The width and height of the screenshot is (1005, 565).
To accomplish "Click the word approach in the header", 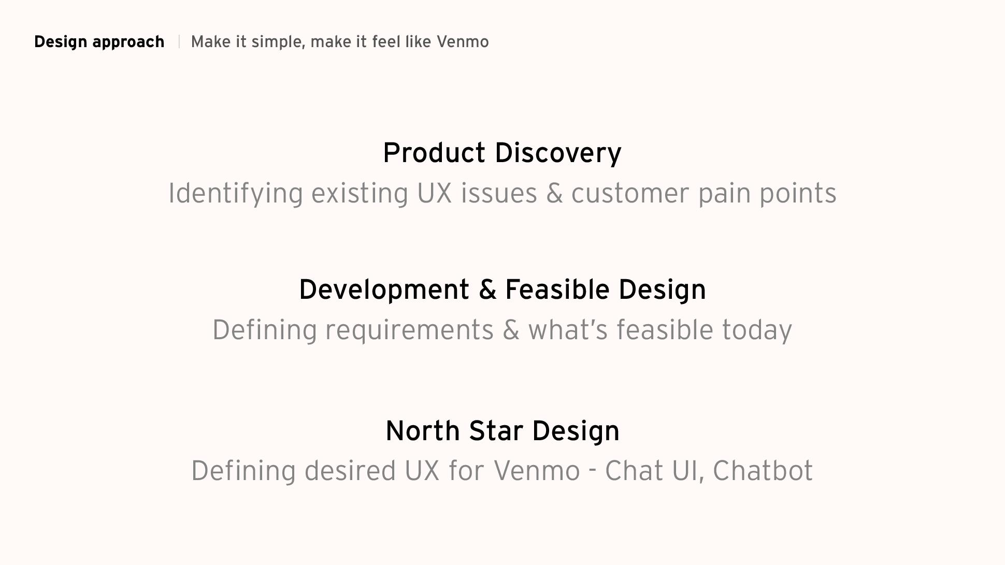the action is [128, 42].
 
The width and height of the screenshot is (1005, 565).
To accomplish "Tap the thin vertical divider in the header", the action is [179, 41].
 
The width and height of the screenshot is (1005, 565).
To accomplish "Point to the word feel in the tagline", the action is [386, 41].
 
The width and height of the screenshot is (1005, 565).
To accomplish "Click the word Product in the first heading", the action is [434, 153].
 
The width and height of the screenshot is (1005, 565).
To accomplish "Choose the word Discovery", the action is [558, 154].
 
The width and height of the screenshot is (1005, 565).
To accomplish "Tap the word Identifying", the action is [236, 194].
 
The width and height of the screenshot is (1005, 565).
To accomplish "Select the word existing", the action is [360, 194].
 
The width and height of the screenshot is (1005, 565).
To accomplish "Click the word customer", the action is [630, 194].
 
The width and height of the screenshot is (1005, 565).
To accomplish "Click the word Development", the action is [384, 289].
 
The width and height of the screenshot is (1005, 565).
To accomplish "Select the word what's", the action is [568, 330].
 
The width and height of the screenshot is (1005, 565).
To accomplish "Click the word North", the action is [423, 431].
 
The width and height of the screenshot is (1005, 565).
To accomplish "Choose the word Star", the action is [496, 431].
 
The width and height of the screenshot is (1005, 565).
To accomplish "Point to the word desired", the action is [350, 471].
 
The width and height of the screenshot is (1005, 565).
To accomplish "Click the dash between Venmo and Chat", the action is [593, 471].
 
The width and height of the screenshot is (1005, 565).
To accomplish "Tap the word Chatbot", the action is [763, 471].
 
